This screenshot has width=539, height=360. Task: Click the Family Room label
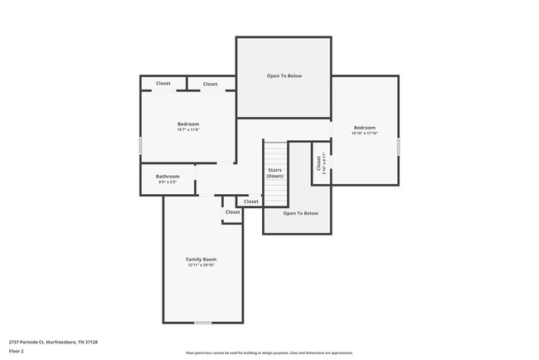(x=202, y=260)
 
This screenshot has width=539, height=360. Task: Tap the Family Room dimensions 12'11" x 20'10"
(x=202, y=265)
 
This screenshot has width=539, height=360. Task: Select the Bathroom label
(x=168, y=176)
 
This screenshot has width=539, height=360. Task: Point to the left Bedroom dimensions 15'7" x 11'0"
(x=189, y=129)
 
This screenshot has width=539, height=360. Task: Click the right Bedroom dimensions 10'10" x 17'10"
(x=365, y=133)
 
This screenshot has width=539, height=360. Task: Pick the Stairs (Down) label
(x=275, y=173)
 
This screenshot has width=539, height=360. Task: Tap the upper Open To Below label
(x=284, y=76)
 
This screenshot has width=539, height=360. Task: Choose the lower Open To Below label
(x=301, y=213)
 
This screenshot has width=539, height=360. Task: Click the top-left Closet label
(x=163, y=84)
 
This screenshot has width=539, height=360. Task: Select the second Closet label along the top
(x=211, y=84)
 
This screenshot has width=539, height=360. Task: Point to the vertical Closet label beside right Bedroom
(x=319, y=163)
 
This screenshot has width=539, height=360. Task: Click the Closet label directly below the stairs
(x=251, y=202)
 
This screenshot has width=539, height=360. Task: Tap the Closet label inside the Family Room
(x=233, y=212)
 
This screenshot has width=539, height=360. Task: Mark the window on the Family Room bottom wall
(x=203, y=322)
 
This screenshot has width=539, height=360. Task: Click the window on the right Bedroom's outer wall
(x=399, y=146)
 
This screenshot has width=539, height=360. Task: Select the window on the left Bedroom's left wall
(x=140, y=145)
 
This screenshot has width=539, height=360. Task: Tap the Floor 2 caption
(x=17, y=352)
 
